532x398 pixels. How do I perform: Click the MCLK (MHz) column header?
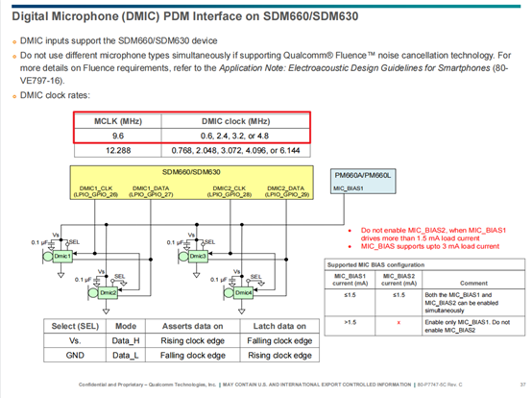point(117,122)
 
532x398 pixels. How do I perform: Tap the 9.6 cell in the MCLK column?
point(117,137)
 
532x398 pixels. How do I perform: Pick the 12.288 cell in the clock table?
point(117,151)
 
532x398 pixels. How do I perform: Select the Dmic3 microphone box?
point(197,256)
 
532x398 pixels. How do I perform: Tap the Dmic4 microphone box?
point(243,292)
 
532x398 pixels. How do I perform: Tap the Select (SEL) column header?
point(76,326)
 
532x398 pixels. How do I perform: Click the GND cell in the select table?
point(76,355)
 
